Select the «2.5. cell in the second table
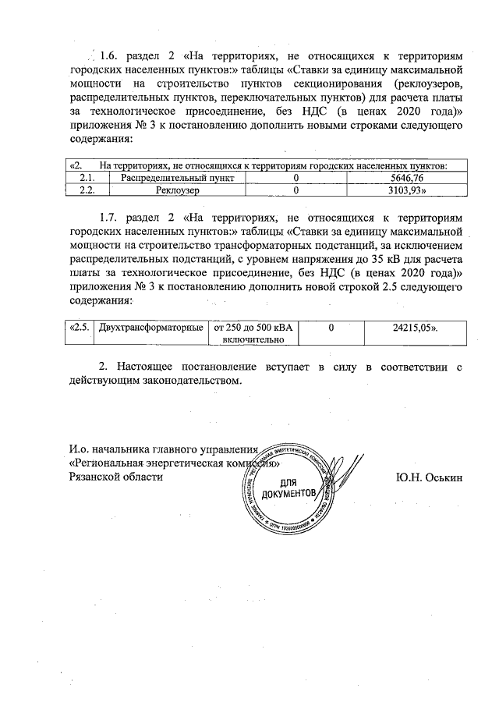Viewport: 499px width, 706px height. tap(78, 328)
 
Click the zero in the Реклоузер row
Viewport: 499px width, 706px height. tap(296, 190)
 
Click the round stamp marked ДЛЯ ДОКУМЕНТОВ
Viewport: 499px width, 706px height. tap(289, 488)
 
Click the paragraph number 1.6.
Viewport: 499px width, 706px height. tap(107, 57)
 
